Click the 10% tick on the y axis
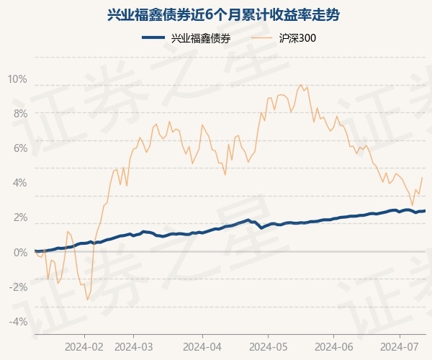pos(17,79)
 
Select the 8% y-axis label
pos(19,114)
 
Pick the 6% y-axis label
pos(19,148)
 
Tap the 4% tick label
pos(19,183)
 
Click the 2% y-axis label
pos(19,217)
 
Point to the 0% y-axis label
pos(19,252)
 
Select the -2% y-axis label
pos(18,287)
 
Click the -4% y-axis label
pos(18,321)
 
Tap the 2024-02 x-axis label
pos(84,346)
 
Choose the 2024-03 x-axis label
pos(134,346)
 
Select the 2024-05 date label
pos(268,346)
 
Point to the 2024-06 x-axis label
pos(334,346)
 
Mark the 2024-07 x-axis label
pos(400,346)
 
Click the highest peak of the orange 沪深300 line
pos(301,85)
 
